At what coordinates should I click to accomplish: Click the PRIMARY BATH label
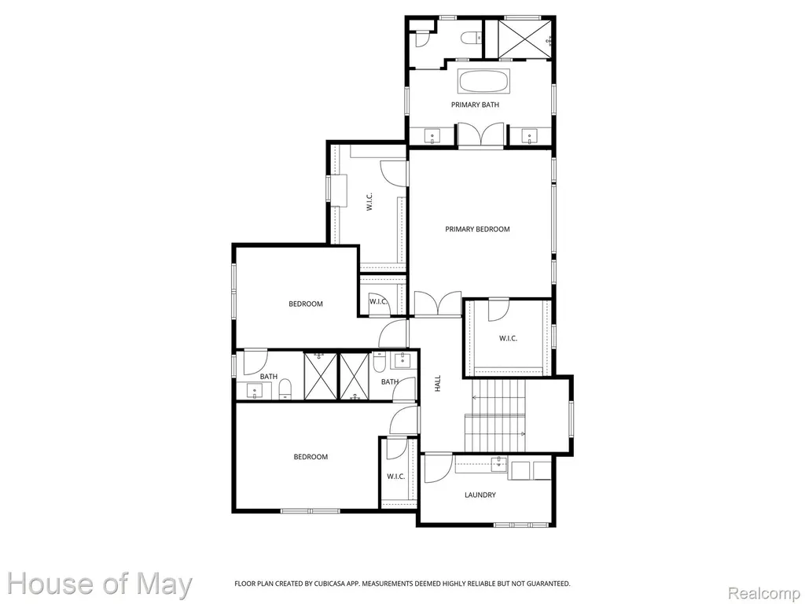475,105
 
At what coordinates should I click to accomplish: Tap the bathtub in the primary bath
483,82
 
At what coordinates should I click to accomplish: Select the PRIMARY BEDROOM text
477,229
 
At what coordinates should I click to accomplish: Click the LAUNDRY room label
480,495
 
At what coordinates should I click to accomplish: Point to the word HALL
438,383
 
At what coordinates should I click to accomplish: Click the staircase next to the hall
495,414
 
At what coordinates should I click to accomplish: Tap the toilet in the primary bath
471,38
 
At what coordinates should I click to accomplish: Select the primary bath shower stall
519,39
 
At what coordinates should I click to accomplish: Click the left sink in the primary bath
432,136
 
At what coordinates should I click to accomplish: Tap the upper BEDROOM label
306,304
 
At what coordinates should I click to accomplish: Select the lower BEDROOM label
311,457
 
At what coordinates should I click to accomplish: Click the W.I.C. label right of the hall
509,338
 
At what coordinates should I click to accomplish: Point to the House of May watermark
100,584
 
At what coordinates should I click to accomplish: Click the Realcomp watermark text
764,593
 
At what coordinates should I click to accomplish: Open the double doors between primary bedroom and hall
438,304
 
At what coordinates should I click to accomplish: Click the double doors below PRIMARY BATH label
480,134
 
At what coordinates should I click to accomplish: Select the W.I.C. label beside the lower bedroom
396,477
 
